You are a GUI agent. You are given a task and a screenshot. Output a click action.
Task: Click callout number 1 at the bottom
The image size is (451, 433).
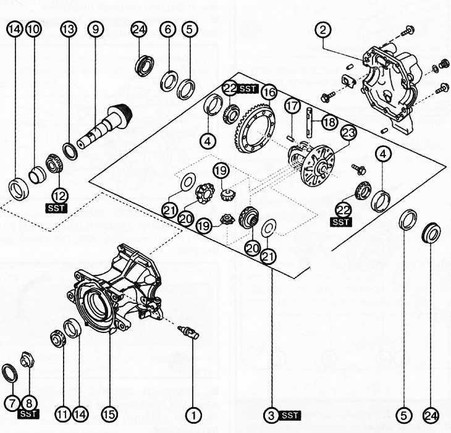click(194, 416)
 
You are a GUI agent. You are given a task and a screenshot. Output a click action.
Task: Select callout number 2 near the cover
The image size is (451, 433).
click(324, 29)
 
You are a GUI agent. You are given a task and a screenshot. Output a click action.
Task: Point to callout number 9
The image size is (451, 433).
click(94, 29)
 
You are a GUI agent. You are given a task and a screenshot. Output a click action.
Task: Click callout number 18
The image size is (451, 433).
click(329, 122)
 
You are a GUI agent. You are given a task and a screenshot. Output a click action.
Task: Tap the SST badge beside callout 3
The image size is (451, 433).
click(290, 416)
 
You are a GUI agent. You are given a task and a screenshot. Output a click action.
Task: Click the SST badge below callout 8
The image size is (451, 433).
click(28, 413)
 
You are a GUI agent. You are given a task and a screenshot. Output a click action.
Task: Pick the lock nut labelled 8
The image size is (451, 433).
click(26, 358)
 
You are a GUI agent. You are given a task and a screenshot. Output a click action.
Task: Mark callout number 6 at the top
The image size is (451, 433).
click(166, 29)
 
